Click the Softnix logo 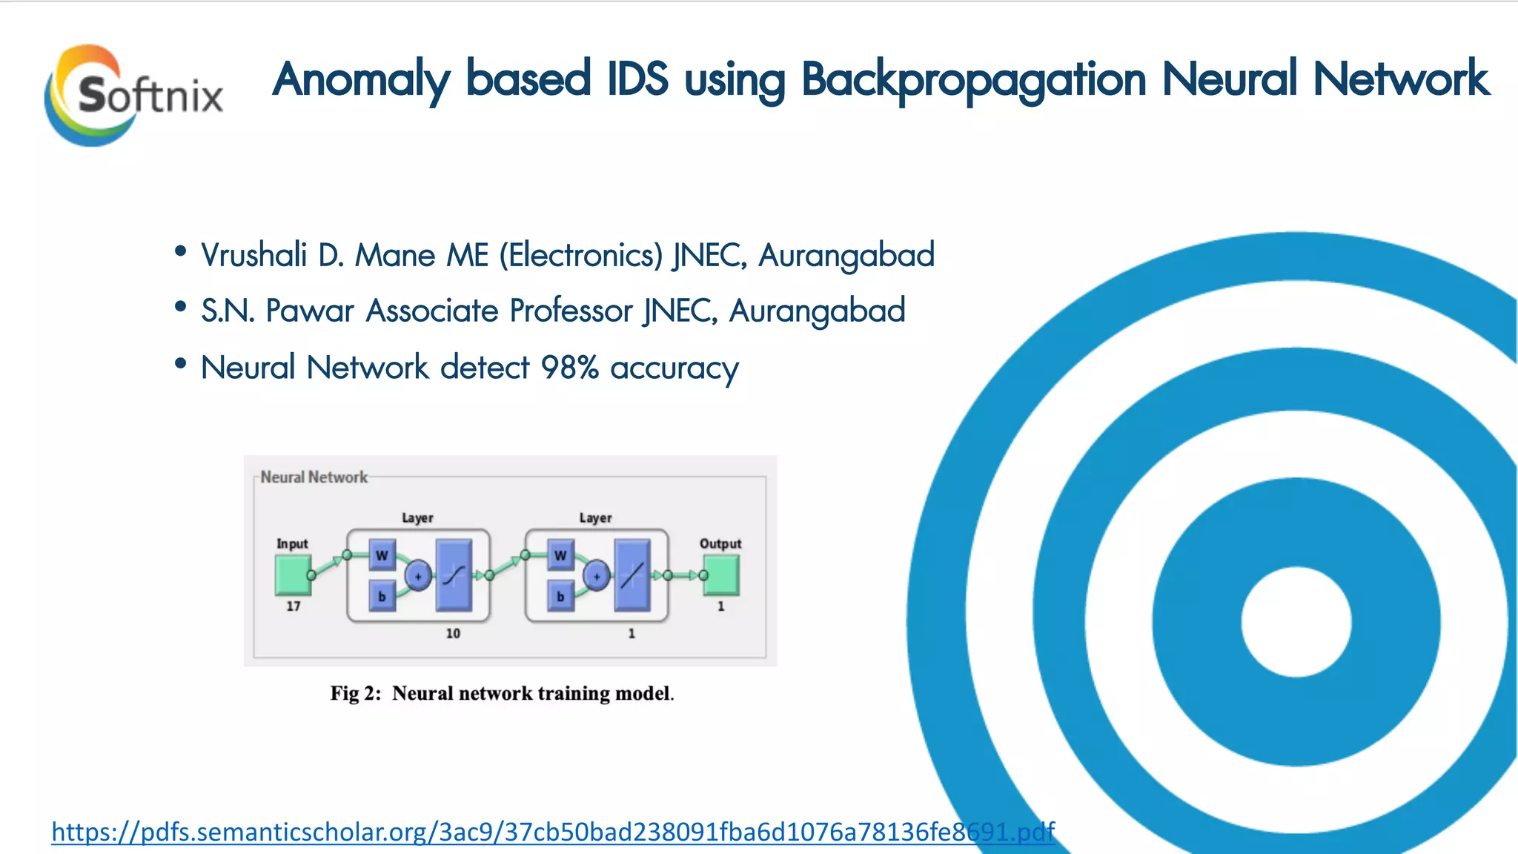point(133,95)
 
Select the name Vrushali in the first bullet point(253,256)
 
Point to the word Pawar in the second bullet point(310,311)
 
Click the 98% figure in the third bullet point(569,368)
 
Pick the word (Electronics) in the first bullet point(580,256)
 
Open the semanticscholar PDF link point(553,832)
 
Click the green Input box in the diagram point(293,575)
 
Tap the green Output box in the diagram point(721,575)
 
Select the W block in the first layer point(382,555)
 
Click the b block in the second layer point(560,596)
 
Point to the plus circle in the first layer point(418,576)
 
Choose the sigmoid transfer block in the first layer point(454,575)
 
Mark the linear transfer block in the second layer point(632,575)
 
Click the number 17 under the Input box point(294,606)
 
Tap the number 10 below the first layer point(453,634)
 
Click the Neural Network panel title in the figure point(314,477)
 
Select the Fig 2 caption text point(502,694)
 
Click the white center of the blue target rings point(1296,621)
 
